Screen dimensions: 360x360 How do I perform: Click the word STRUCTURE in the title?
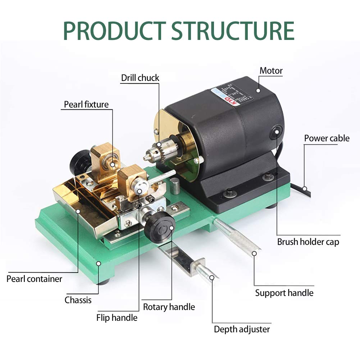coord(233,31)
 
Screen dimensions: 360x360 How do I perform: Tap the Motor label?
coord(271,71)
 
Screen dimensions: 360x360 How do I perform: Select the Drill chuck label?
coord(140,78)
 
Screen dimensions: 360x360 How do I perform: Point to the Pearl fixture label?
coord(86,105)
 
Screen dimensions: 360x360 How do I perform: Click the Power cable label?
coord(327,138)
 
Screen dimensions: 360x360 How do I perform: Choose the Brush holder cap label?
coord(308,242)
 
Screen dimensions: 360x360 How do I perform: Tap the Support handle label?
coord(284,293)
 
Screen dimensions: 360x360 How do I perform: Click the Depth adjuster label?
coord(242,329)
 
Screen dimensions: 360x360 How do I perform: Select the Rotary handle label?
coord(169,307)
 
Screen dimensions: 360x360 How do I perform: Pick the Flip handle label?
coord(117,318)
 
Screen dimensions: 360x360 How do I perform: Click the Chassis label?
coord(78,300)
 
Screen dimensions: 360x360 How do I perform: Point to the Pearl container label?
coord(34,279)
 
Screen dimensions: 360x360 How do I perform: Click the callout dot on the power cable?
coord(304,188)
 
